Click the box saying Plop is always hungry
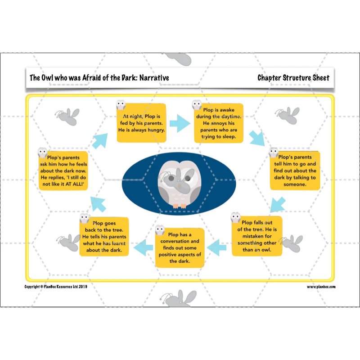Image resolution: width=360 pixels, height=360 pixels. (x=141, y=123)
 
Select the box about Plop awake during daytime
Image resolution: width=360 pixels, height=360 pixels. (x=219, y=123)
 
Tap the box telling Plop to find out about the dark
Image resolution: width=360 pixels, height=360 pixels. (x=295, y=171)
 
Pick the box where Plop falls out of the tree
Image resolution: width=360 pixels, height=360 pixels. (x=256, y=236)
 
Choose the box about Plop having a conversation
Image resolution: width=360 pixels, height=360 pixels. (x=180, y=248)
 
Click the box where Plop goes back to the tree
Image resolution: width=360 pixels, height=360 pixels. (x=104, y=237)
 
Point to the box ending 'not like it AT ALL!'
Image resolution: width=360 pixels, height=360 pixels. (x=63, y=171)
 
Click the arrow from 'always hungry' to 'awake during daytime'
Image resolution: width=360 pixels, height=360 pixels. (x=180, y=123)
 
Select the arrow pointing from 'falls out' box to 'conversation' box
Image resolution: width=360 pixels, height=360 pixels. (x=216, y=247)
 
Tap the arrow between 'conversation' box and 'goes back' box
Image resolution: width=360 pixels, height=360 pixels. (x=143, y=247)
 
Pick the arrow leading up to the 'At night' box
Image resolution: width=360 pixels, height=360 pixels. (x=100, y=141)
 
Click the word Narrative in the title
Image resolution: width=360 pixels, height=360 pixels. (x=154, y=78)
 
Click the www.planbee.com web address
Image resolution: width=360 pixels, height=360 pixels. (x=321, y=287)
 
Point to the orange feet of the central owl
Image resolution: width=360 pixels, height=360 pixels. (x=180, y=206)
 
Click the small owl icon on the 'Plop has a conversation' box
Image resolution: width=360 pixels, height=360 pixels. (x=160, y=230)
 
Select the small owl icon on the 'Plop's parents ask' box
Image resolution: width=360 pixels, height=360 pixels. (x=42, y=153)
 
